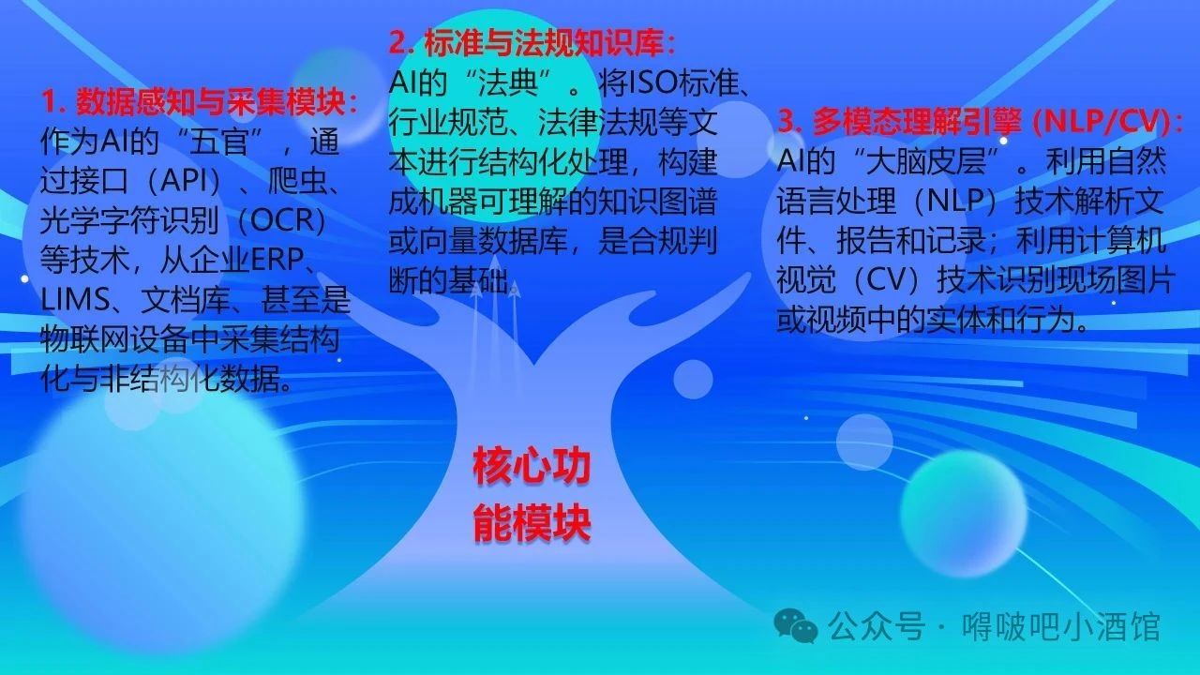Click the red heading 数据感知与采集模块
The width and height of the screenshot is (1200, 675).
(x=210, y=101)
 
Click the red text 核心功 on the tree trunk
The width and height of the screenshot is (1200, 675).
(x=532, y=467)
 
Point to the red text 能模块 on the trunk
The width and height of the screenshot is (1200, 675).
(x=532, y=523)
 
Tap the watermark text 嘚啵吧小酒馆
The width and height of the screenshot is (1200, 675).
(x=1061, y=627)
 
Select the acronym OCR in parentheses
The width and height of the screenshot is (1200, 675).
(x=281, y=220)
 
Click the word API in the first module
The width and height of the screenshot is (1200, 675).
(x=182, y=181)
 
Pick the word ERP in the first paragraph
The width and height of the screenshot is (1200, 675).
(x=277, y=260)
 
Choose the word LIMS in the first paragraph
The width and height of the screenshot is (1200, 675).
(x=75, y=299)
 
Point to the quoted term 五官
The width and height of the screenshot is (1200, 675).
(x=219, y=141)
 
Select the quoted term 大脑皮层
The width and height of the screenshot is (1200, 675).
(x=926, y=161)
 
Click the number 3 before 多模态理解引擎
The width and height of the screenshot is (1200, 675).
(x=786, y=122)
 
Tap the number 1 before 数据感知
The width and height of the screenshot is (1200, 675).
(x=50, y=102)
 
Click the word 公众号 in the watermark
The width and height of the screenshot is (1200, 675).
(x=877, y=627)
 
